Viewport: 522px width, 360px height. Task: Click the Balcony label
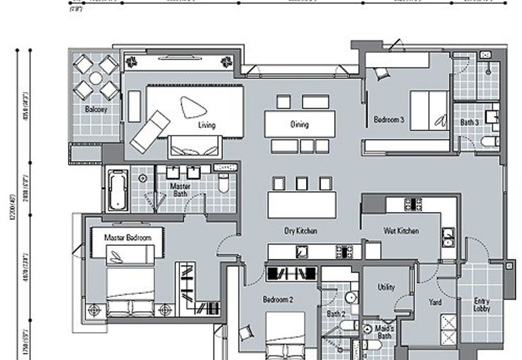coord(96,110)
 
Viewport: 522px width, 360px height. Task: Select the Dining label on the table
coord(299,124)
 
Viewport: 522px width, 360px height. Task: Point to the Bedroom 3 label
coord(389,120)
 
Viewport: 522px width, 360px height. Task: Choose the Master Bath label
coord(180,189)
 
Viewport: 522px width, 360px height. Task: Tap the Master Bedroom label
coord(128,237)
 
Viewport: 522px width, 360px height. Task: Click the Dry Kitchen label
coord(301,231)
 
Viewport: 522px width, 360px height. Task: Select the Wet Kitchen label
coord(401,231)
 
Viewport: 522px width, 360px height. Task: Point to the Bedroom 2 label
coord(278,300)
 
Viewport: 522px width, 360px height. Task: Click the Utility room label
coord(386,287)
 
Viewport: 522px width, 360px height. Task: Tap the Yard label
coord(435,303)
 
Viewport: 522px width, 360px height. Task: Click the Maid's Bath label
coord(384,332)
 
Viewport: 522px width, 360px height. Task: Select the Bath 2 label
coord(335,314)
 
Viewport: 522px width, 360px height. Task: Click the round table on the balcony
coord(95,78)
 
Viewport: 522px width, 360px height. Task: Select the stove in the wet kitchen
coord(413,203)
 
